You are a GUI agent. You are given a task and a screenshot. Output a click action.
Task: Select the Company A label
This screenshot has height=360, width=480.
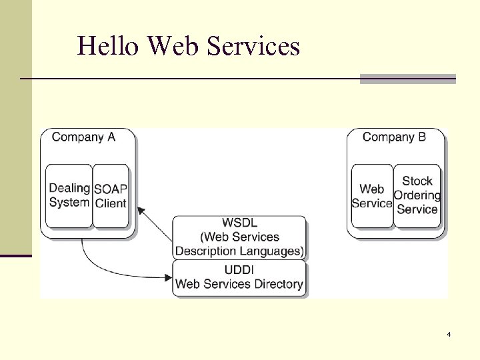83,137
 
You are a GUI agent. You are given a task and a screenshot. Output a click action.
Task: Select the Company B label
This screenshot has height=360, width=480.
394,137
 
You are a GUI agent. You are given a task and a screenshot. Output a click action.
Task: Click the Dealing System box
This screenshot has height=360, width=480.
69,195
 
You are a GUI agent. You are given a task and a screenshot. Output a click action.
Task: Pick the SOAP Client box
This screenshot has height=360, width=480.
110,195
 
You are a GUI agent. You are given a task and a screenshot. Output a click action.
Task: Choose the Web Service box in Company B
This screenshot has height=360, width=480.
372,196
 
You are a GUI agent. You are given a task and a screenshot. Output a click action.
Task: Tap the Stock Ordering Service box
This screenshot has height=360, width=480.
417,195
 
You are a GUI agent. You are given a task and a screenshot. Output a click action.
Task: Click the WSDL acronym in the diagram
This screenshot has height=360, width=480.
240,223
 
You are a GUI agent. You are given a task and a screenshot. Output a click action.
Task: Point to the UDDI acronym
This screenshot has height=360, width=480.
239,269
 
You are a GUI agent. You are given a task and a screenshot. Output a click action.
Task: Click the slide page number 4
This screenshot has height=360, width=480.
449,333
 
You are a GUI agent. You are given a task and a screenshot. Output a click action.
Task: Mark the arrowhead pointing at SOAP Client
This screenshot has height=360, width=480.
140,210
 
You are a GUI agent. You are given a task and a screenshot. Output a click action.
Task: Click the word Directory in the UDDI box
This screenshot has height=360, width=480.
276,284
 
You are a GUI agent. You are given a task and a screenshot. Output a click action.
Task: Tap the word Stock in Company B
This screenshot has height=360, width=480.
417,181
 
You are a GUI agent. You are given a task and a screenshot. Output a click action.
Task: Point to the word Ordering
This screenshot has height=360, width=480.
417,195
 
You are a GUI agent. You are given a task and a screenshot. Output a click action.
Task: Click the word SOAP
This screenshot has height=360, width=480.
110,189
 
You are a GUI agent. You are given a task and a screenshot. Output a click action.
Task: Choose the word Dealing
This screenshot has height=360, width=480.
69,188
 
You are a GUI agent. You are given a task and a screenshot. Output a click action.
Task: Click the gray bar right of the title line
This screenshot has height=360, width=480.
408,79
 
